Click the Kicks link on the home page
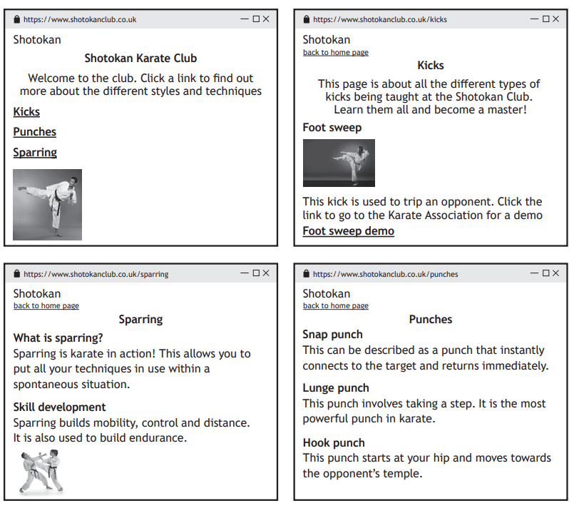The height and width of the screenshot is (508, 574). pyautogui.click(x=26, y=112)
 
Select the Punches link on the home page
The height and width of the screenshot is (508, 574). pyautogui.click(x=34, y=132)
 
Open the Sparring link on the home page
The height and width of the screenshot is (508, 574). pyautogui.click(x=35, y=153)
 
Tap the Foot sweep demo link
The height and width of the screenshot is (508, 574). pyautogui.click(x=348, y=231)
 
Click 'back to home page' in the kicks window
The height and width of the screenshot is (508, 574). pyautogui.click(x=335, y=53)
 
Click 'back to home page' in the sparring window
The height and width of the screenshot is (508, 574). pyautogui.click(x=46, y=306)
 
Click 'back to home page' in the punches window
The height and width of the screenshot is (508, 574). pyautogui.click(x=335, y=306)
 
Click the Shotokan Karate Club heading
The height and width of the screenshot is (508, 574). pyautogui.click(x=140, y=59)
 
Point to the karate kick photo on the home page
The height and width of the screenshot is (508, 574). pyautogui.click(x=47, y=204)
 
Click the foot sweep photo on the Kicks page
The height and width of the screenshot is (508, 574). pyautogui.click(x=339, y=163)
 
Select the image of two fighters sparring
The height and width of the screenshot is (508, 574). pyautogui.click(x=41, y=471)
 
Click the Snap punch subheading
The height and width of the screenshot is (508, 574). pyautogui.click(x=332, y=335)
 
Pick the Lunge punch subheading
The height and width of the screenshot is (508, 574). pyautogui.click(x=335, y=388)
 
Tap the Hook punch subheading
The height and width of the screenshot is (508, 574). pyautogui.click(x=333, y=442)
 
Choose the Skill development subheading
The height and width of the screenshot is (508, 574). pyautogui.click(x=59, y=407)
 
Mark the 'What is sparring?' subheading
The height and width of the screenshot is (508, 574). pyautogui.click(x=58, y=337)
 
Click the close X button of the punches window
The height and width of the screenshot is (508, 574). pyautogui.click(x=556, y=273)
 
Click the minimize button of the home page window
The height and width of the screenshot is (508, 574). pyautogui.click(x=245, y=19)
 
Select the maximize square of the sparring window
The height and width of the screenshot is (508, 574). pyautogui.click(x=256, y=273)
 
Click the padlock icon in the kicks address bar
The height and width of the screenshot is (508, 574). pyautogui.click(x=307, y=19)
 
